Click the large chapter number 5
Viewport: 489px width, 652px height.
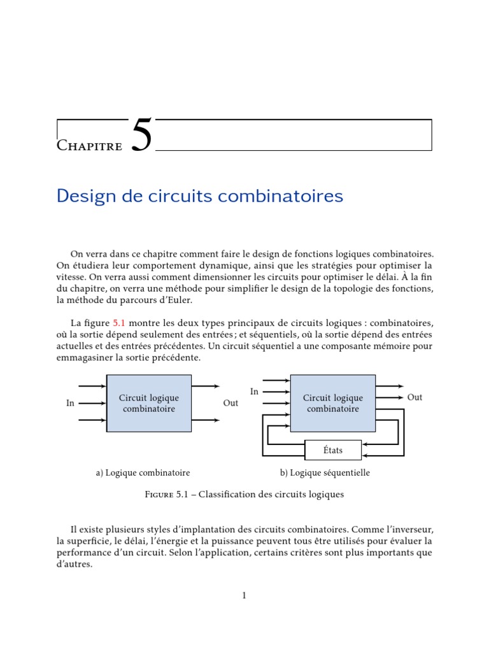142,135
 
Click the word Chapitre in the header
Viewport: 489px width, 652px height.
89,146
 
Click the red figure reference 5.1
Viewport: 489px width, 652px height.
120,323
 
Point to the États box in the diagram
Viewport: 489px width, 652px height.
333,450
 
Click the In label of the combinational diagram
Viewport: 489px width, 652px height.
71,403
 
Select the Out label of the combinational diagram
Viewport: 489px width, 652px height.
230,403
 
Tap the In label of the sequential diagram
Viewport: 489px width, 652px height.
254,392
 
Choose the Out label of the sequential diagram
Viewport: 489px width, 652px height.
415,397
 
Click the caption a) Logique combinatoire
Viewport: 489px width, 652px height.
143,473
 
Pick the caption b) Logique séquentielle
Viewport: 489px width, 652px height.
325,473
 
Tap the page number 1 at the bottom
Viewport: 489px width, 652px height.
244,595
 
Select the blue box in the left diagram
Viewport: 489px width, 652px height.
148,403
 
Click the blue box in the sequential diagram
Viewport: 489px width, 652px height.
332,403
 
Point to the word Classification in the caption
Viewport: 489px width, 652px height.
230,495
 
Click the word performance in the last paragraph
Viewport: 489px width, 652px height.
81,553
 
